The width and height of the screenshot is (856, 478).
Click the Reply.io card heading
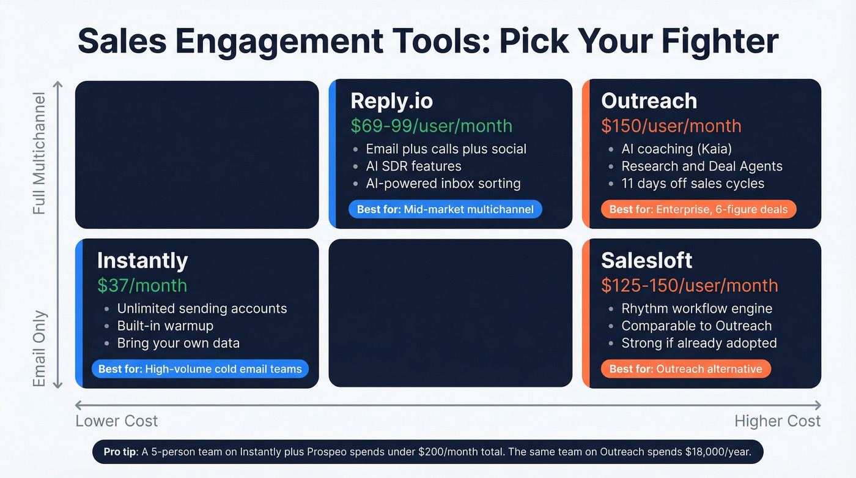point(391,102)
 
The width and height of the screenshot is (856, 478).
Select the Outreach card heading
point(649,102)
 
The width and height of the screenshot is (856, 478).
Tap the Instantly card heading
point(142,261)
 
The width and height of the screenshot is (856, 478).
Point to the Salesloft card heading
point(646,261)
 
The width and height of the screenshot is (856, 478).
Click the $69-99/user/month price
point(431,126)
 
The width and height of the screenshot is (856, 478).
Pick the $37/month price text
point(142,286)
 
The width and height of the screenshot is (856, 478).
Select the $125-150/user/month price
point(689,286)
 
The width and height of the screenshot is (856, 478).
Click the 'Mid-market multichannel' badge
point(445,209)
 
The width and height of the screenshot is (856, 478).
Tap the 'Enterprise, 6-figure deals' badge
point(699,209)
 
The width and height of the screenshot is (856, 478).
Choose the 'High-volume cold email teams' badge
point(200,369)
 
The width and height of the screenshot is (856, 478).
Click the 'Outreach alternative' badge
point(685,369)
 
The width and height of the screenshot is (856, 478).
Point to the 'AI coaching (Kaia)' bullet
point(676,149)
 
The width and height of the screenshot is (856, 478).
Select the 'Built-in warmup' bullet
point(164,326)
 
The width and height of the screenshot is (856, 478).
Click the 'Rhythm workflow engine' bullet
point(696,308)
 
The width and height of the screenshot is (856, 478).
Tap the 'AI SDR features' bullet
point(413,166)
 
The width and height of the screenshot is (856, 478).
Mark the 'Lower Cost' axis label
point(116,421)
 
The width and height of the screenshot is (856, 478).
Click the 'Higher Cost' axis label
point(777,421)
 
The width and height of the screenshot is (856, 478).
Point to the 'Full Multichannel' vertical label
point(39,154)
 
